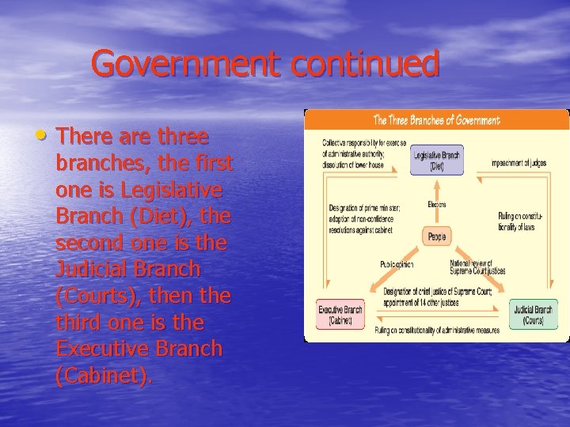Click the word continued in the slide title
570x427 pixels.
[x=364, y=64]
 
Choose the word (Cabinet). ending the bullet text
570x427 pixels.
[x=103, y=376]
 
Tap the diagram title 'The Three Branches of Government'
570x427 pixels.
[x=436, y=120]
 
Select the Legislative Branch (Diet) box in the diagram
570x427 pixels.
[x=436, y=160]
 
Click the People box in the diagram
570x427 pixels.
[x=436, y=236]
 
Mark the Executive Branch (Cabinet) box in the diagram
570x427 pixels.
[x=340, y=315]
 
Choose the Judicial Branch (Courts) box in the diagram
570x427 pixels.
[x=532, y=315]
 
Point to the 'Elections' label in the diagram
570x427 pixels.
[x=436, y=205]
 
